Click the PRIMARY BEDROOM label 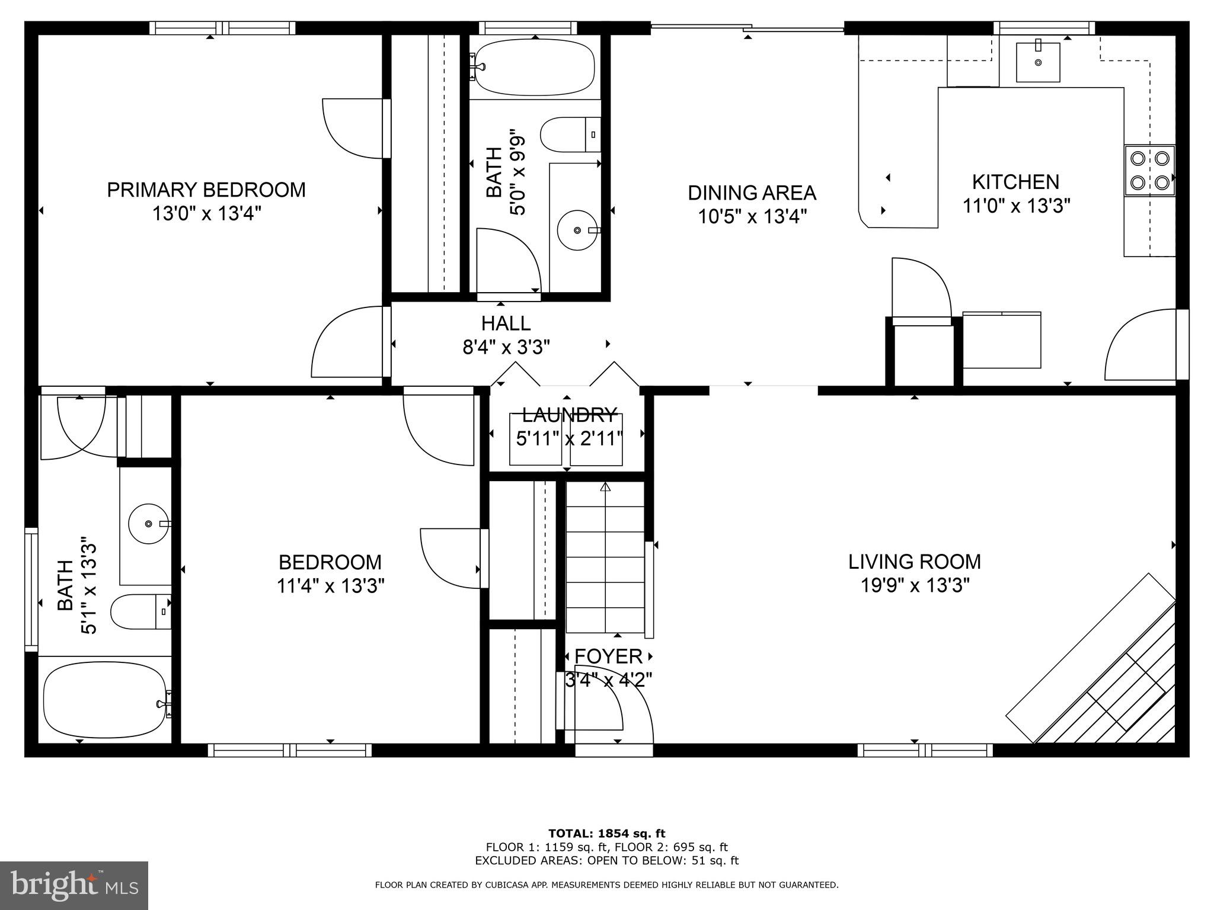[206, 190]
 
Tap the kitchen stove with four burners [1149, 170]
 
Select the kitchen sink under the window [1038, 62]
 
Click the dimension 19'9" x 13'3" [915, 586]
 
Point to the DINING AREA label [752, 193]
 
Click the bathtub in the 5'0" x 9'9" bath [535, 67]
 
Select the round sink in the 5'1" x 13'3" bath [148, 524]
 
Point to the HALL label [505, 323]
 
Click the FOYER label [608, 656]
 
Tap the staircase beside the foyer [605, 557]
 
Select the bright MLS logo [74, 885]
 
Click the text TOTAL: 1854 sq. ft [606, 834]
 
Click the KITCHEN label [1015, 182]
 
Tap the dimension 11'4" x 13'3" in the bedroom [330, 587]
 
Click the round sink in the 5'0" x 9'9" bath [576, 230]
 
